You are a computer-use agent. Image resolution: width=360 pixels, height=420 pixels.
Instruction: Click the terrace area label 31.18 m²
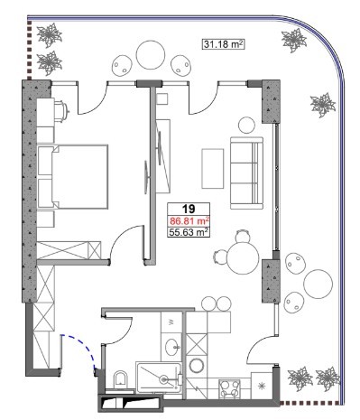tap(223, 44)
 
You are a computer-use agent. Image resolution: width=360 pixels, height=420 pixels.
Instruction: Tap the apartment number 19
tap(189, 209)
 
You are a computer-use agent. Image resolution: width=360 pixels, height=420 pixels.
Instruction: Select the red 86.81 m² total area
tap(189, 221)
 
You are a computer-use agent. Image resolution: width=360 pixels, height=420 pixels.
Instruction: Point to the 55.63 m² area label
tap(189, 232)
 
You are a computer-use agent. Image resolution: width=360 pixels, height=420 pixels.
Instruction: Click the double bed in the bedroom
tap(73, 177)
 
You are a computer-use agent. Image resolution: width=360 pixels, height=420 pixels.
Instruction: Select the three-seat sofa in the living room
tap(246, 173)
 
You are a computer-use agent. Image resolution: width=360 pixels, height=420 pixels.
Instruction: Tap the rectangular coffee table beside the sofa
tap(213, 169)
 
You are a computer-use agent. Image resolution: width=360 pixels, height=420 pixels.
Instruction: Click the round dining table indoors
tap(243, 258)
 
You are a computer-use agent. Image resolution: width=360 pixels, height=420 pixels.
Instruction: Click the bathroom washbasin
tap(172, 346)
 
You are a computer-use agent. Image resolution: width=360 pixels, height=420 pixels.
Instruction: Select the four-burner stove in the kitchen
tap(231, 388)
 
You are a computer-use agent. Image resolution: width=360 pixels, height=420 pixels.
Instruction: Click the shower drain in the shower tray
tap(164, 379)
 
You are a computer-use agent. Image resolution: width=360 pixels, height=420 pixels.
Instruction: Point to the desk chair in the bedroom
tap(61, 111)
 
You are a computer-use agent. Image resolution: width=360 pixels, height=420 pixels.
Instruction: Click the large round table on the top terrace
tap(151, 55)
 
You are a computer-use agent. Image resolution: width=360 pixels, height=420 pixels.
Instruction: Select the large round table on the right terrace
tap(318, 284)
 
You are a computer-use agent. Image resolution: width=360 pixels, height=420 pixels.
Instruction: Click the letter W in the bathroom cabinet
tap(171, 322)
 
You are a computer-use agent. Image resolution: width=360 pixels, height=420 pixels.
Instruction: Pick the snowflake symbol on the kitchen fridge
tap(263, 386)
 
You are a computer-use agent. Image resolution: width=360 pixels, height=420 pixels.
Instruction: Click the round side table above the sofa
tap(246, 125)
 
